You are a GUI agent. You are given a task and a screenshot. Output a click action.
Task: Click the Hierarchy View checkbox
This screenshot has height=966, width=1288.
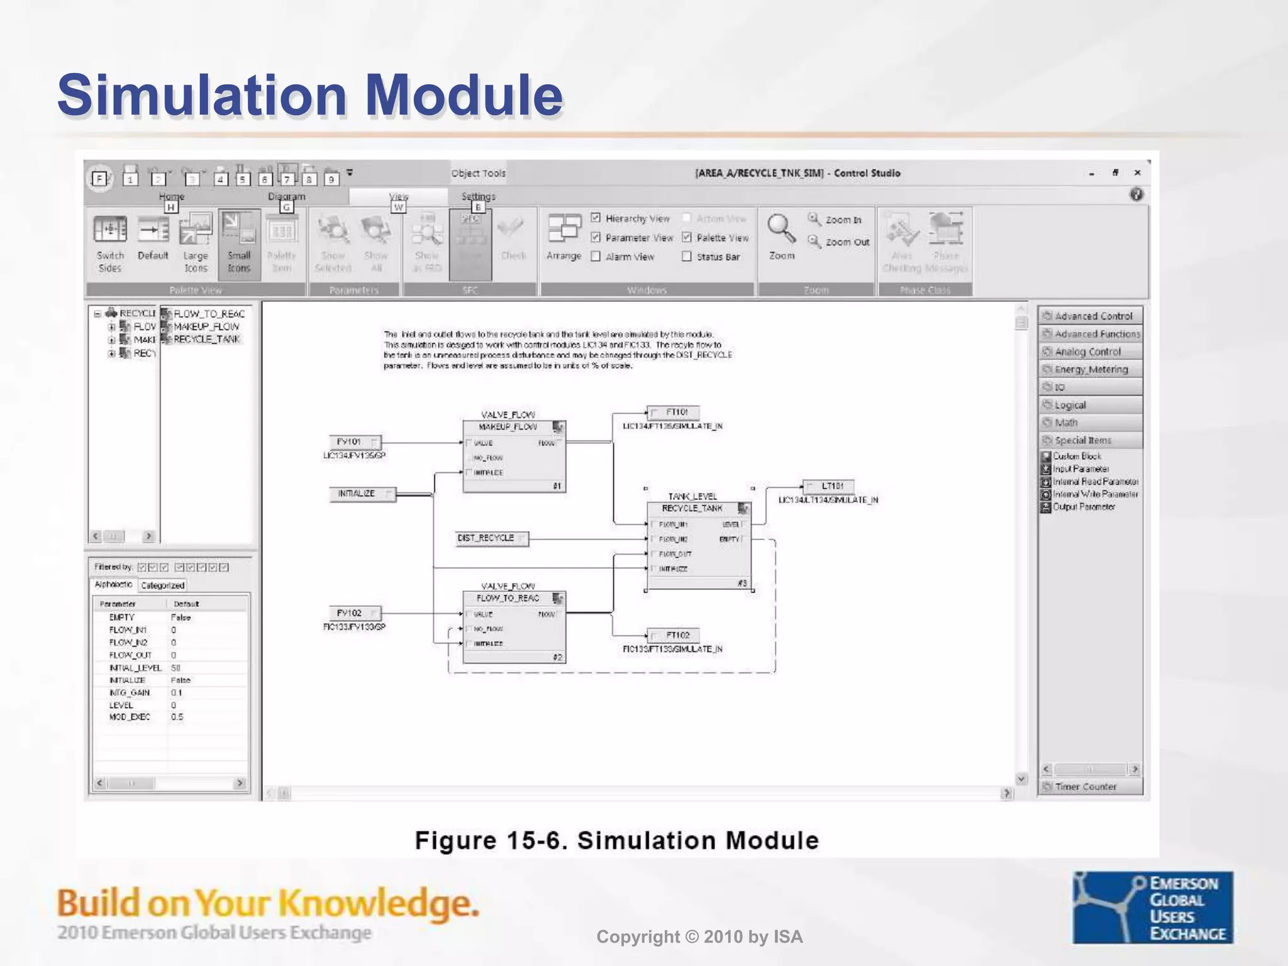(596, 218)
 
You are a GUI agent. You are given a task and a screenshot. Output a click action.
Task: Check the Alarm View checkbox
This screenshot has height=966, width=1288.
(596, 257)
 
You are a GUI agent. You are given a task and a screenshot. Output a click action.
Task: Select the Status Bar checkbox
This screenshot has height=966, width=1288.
(687, 257)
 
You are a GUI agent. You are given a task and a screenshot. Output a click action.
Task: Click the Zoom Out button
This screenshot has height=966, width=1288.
(839, 242)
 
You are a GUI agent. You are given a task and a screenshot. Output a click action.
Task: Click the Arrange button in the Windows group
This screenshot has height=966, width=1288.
(563, 239)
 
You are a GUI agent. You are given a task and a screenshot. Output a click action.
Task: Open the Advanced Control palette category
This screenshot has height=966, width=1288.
(1091, 316)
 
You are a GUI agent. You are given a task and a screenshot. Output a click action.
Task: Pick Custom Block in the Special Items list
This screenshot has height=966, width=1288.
(1077, 457)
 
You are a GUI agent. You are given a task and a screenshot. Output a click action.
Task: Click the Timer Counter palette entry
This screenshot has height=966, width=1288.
(1085, 787)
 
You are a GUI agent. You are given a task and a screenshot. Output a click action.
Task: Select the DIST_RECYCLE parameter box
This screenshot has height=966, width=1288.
(491, 538)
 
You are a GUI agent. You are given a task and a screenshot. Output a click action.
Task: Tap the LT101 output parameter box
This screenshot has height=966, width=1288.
(829, 486)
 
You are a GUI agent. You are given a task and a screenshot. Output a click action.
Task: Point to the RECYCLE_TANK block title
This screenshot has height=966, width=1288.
(692, 508)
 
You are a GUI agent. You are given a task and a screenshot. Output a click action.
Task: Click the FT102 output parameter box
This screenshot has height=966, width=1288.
(674, 635)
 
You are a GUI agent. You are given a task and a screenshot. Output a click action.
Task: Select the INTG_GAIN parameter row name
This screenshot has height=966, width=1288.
(130, 692)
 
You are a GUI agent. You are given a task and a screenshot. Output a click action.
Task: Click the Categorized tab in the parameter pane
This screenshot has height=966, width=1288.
(162, 586)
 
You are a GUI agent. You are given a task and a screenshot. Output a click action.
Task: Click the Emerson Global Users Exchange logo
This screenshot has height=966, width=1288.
(1152, 908)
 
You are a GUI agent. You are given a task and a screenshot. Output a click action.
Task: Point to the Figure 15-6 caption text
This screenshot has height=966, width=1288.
(616, 841)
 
